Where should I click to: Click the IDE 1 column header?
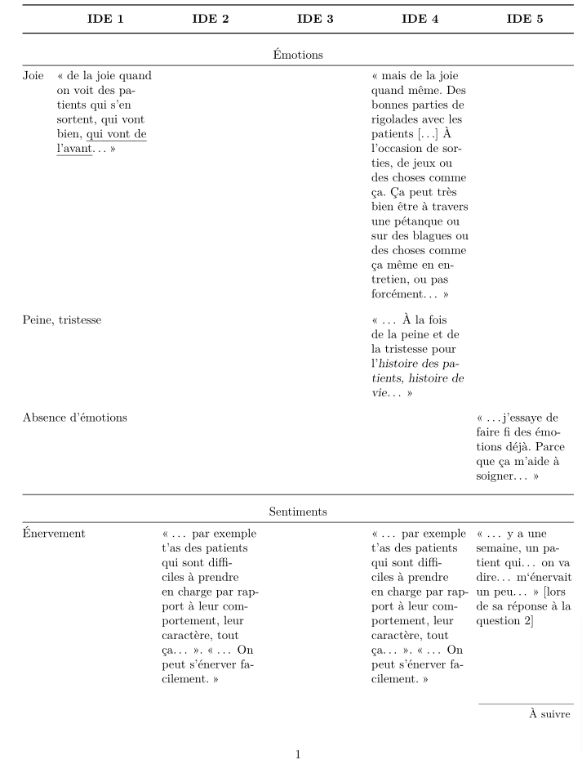105,19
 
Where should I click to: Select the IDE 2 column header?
210,19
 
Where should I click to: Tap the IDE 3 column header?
315,19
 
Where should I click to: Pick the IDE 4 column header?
420,19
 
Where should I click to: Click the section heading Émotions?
298,55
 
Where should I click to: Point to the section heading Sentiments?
298,512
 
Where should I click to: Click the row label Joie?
33,76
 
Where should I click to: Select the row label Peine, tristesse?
62,320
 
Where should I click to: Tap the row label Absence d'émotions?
74,418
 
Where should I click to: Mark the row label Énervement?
54,534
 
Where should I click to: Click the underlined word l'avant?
74,150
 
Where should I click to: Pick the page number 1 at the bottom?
298,754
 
